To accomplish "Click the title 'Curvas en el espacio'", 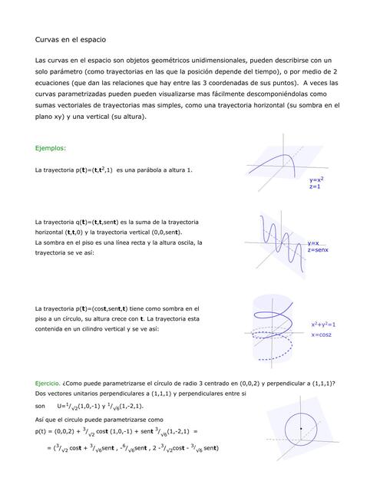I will (71, 38).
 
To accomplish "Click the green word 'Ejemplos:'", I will (51, 148).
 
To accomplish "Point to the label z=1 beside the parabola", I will (315, 186).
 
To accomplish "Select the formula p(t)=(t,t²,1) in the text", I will (89, 170).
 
